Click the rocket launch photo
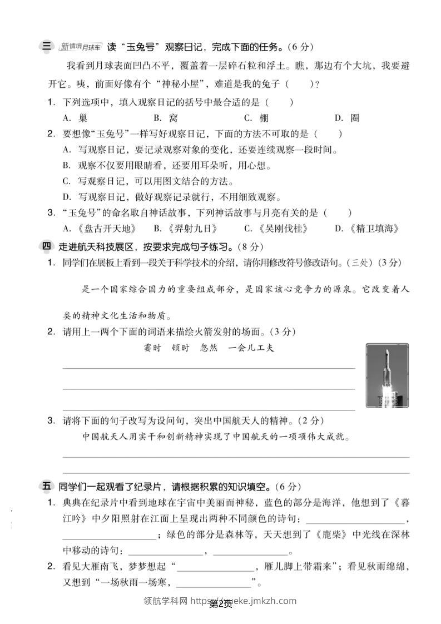click(387, 375)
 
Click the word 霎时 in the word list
click(152, 349)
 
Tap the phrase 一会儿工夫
click(251, 349)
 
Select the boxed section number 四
click(47, 246)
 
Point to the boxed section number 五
click(47, 487)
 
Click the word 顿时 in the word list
click(180, 349)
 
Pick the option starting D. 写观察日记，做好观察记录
click(172, 197)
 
